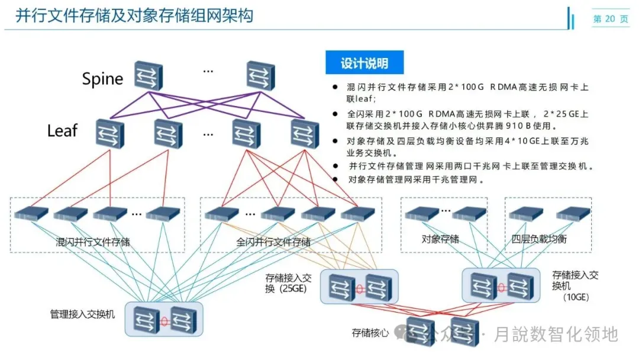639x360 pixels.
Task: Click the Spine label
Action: tap(102, 79)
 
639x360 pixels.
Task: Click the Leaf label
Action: tap(62, 130)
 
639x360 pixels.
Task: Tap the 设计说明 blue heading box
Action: tap(364, 63)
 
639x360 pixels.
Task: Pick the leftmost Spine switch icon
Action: tap(148, 76)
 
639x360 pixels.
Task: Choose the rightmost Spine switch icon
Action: tap(261, 76)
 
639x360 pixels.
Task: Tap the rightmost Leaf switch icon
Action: tap(305, 133)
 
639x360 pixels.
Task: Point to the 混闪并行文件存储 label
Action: tap(93, 242)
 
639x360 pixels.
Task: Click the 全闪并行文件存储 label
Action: tap(273, 242)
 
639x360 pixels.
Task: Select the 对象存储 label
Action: tap(440, 239)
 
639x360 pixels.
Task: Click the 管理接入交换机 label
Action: tap(83, 313)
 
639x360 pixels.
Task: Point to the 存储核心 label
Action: tap(370, 333)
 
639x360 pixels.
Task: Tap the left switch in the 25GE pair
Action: tap(342, 287)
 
